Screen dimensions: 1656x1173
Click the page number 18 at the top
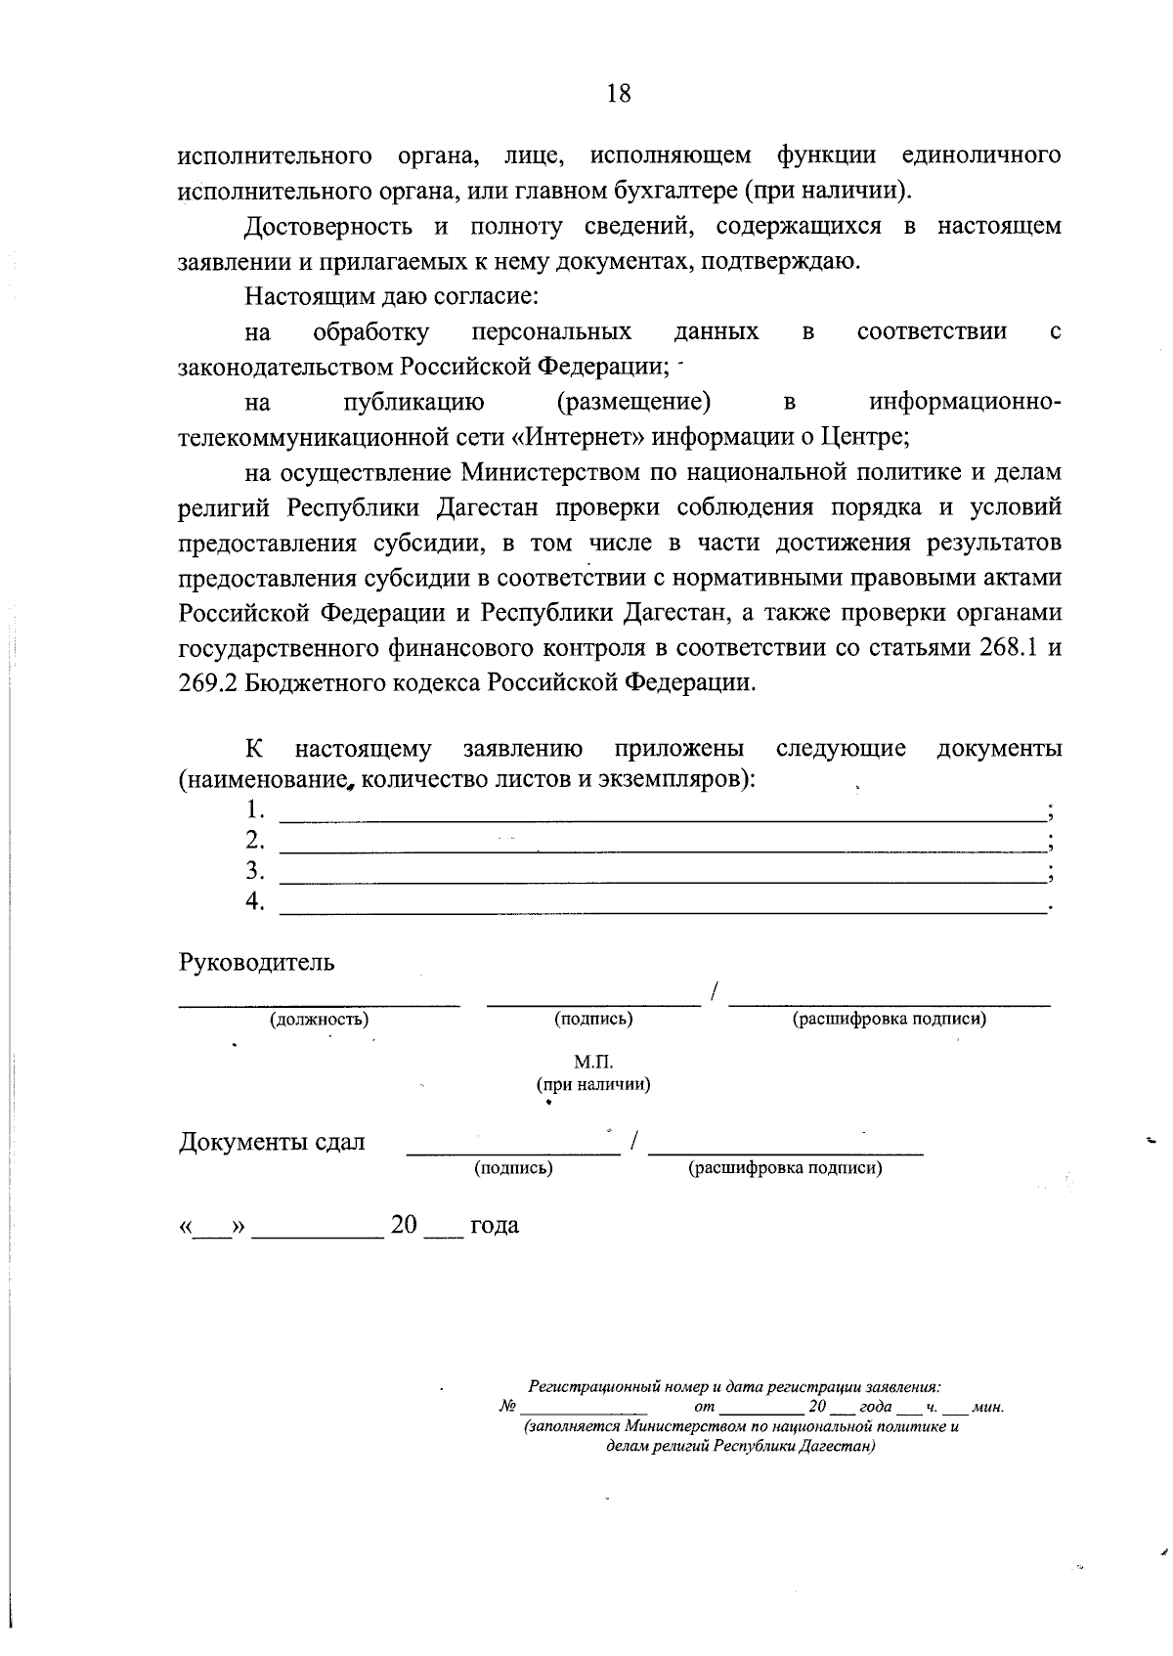(x=619, y=94)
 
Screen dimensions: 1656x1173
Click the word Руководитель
(x=256, y=962)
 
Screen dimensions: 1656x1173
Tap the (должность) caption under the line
(x=319, y=1019)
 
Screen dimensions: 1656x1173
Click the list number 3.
(x=255, y=870)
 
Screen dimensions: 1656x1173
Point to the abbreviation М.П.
(x=593, y=1062)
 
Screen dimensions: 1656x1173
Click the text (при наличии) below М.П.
(x=593, y=1084)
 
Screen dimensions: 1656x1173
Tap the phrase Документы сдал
(x=272, y=1142)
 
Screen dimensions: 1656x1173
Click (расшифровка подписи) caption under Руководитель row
(x=889, y=1019)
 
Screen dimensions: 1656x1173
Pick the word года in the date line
(x=495, y=1225)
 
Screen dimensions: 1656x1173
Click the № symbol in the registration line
(x=507, y=1408)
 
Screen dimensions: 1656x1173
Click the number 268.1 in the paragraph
(x=1006, y=648)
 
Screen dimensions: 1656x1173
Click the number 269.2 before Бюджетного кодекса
(x=207, y=682)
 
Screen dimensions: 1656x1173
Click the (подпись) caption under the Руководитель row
(x=593, y=1019)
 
